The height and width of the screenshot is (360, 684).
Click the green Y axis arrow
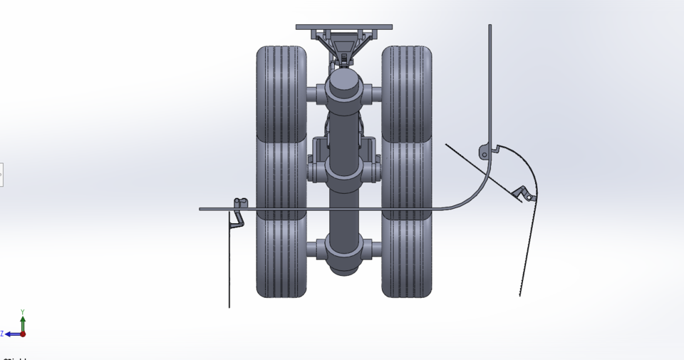23,322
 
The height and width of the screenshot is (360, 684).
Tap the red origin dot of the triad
23,334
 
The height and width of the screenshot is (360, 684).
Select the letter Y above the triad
23,312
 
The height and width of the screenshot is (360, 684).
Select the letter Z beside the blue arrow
2,334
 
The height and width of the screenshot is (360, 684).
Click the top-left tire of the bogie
281,93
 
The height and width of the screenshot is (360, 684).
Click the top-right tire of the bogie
407,93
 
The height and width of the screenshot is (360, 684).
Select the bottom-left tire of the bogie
281,257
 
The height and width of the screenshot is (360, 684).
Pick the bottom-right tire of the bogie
407,257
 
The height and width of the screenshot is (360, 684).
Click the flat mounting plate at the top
343,27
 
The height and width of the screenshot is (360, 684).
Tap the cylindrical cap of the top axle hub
344,84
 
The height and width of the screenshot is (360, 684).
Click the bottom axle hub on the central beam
344,250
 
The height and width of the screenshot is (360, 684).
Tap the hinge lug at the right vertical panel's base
484,152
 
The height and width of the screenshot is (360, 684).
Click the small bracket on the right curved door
523,192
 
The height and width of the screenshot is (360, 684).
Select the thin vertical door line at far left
229,271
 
